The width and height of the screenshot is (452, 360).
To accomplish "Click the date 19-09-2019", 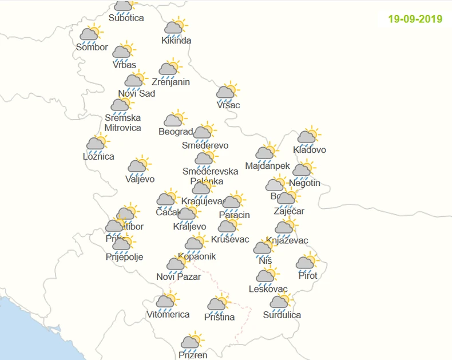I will coord(415,19).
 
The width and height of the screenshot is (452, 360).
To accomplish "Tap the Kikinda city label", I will coord(176,41).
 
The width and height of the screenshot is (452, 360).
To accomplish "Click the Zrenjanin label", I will coord(171,82).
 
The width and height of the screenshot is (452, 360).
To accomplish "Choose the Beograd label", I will coord(175,132).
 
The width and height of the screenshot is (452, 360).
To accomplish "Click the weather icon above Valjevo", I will coord(138,166).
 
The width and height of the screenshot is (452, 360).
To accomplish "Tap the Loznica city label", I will coord(98,156).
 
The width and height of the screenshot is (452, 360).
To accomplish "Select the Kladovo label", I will coord(310,150).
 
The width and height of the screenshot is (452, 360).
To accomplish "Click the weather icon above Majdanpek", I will coord(266,153).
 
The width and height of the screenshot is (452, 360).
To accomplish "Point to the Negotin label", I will coord(304,183).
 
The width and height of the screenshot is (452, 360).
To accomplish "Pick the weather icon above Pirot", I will coord(307,263).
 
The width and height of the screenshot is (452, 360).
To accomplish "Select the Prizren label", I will coord(192,355).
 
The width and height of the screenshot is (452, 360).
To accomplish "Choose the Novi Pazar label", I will coord(179,277).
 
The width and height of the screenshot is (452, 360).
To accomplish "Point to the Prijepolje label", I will coord(124,257).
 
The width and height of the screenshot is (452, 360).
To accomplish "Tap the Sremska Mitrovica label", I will coord(122,123).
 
